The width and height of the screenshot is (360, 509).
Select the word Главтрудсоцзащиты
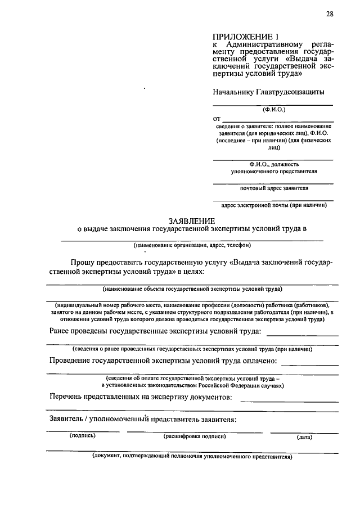(x=290, y=91)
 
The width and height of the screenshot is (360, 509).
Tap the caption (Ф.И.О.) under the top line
(x=274, y=110)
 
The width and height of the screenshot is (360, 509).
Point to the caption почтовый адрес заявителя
(x=273, y=187)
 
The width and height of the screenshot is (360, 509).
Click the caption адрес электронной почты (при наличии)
(x=274, y=205)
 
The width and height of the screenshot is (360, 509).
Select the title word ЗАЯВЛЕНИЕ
(x=192, y=220)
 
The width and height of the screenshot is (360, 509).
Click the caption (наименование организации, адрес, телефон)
(x=192, y=245)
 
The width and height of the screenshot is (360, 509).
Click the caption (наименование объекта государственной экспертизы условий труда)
(x=192, y=289)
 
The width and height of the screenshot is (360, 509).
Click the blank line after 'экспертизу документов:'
(x=289, y=400)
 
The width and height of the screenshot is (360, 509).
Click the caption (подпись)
(x=83, y=435)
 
